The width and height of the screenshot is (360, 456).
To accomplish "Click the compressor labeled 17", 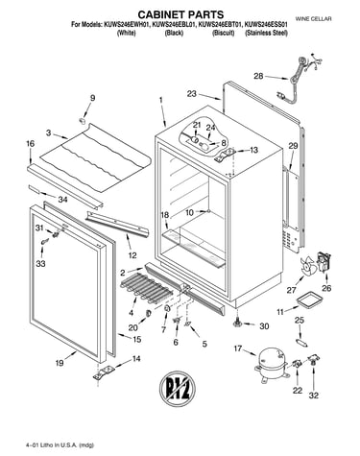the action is pyautogui.click(x=273, y=364).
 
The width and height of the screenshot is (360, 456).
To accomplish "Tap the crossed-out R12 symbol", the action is pyautogui.click(x=178, y=390).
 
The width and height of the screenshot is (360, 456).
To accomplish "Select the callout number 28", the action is pyautogui.click(x=258, y=76).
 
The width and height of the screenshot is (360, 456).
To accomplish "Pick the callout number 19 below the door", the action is pyautogui.click(x=60, y=363).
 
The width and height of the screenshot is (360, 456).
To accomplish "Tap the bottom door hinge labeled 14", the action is pyautogui.click(x=104, y=373).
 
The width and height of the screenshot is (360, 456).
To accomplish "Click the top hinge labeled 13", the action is pyautogui.click(x=227, y=154).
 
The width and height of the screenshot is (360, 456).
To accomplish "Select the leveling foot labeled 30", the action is pyautogui.click(x=238, y=324).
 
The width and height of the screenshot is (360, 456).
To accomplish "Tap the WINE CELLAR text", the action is pyautogui.click(x=313, y=19).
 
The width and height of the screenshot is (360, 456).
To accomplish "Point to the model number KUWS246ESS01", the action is pyautogui.click(x=266, y=25).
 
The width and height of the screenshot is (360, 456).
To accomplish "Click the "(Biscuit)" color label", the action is pyautogui.click(x=224, y=33).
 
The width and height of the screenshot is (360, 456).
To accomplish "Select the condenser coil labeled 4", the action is pyautogui.click(x=147, y=287).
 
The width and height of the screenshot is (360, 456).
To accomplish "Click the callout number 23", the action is pyautogui.click(x=192, y=94).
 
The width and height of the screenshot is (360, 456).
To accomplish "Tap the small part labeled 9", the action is pyautogui.click(x=83, y=120).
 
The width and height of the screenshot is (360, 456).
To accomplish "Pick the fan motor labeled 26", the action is pyautogui.click(x=324, y=262).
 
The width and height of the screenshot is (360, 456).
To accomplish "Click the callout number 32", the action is pyautogui.click(x=314, y=396).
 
